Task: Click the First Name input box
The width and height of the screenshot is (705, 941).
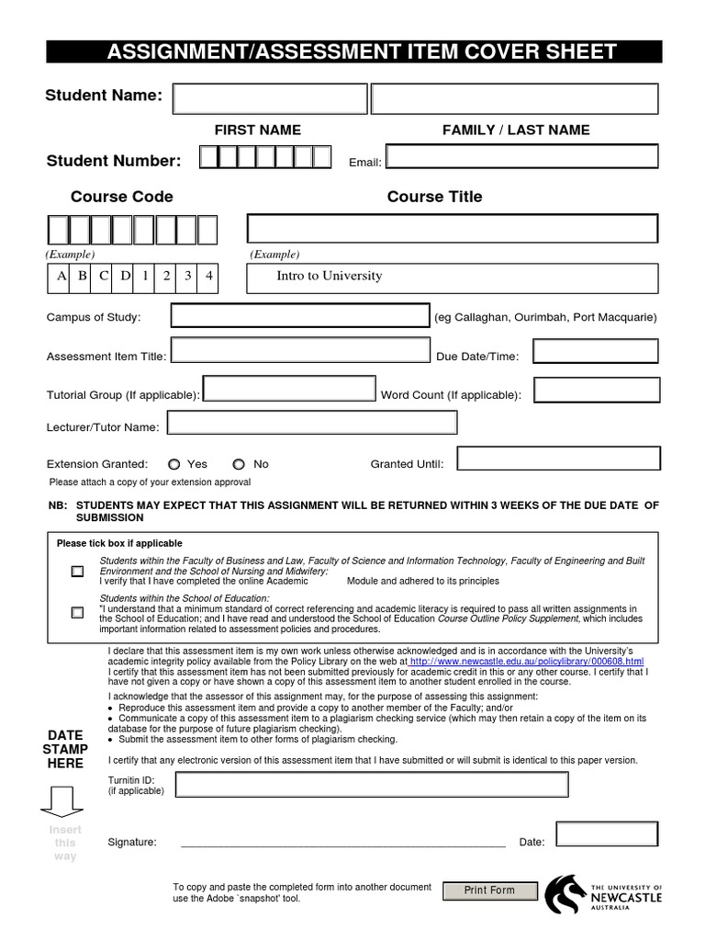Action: pos(270,99)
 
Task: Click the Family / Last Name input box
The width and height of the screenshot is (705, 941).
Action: pos(514,99)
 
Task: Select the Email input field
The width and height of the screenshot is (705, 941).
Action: pos(522,157)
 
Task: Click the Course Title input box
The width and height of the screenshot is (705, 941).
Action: pos(453,229)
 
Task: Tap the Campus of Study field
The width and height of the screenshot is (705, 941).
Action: pos(299,316)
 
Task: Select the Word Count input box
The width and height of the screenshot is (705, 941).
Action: pos(597,391)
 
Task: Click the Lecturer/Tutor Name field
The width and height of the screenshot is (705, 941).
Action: pos(312,423)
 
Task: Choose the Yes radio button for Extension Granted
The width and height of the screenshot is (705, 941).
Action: pos(174,465)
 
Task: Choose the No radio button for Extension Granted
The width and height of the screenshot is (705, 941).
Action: pos(239,465)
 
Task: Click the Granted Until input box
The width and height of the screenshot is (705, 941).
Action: pos(558,459)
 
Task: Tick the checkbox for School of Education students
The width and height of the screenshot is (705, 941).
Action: pos(77,613)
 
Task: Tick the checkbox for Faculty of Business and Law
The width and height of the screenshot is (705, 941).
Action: pos(77,572)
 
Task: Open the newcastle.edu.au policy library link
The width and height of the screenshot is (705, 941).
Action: pos(526,662)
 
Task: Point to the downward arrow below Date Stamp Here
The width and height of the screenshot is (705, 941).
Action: pos(62,801)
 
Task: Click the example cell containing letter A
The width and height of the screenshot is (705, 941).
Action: pos(62,276)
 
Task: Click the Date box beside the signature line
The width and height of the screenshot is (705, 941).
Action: pos(607,834)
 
